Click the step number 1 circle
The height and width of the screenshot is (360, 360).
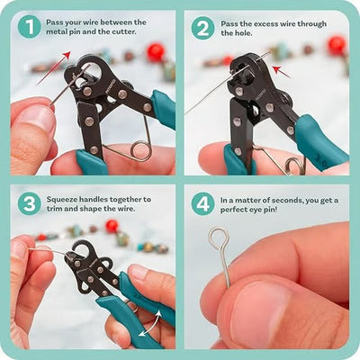(x=28, y=27)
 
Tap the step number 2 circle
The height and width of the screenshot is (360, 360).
(x=202, y=27)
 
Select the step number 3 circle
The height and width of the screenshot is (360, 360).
(x=28, y=203)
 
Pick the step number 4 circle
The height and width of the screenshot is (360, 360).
(x=202, y=203)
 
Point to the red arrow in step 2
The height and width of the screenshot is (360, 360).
(x=282, y=68)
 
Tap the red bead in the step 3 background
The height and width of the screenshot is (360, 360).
(x=111, y=225)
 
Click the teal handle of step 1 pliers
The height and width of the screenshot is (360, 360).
(x=163, y=108)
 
